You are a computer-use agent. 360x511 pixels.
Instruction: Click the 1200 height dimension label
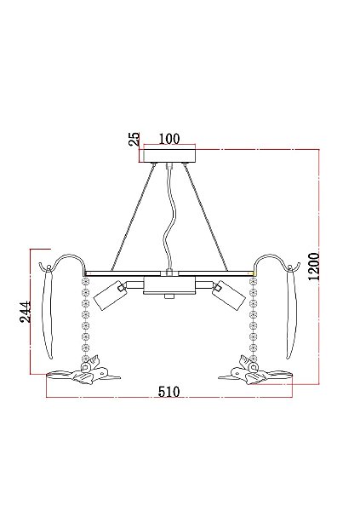click(314, 267)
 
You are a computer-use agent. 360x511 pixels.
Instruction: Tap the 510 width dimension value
click(169, 392)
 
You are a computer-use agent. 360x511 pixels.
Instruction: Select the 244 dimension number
click(26, 312)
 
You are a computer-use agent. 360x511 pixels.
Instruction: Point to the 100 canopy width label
click(169, 139)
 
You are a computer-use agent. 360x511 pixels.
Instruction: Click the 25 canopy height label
click(134, 139)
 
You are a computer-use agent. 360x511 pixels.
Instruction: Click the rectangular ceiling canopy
click(169, 156)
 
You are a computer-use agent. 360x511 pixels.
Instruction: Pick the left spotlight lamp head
click(110, 296)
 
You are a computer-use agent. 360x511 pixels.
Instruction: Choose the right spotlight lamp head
click(229, 296)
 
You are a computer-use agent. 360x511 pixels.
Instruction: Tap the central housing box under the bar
click(169, 286)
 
